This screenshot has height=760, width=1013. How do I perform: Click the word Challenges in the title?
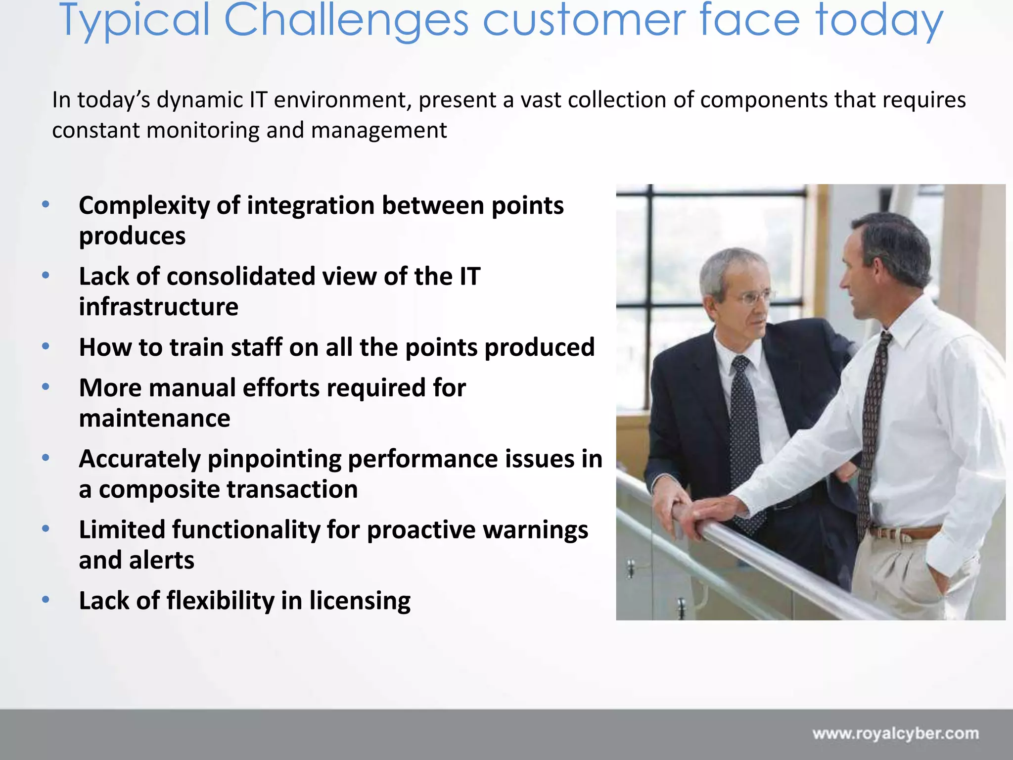click(x=346, y=21)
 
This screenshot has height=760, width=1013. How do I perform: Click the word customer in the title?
click(x=584, y=21)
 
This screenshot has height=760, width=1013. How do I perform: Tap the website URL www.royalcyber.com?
click(x=895, y=733)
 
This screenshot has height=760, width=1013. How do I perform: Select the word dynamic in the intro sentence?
click(x=200, y=100)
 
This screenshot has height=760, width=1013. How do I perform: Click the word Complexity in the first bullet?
click(x=143, y=206)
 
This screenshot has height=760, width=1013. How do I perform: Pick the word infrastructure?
click(x=158, y=307)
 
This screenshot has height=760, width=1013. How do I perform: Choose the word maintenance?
click(x=154, y=419)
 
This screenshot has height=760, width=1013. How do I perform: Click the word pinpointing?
click(x=274, y=459)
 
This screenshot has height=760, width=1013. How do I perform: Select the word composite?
click(x=158, y=490)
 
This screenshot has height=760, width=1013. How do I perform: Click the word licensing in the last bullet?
click(x=360, y=601)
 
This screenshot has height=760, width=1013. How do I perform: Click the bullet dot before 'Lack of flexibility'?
click(x=46, y=600)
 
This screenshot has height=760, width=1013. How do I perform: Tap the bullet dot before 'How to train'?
click(x=46, y=346)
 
